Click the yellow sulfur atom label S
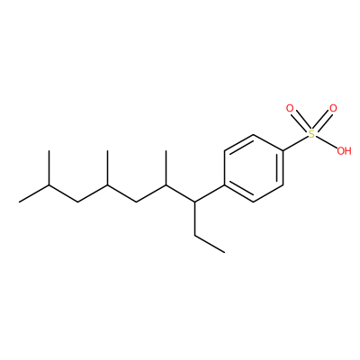pos(312,134)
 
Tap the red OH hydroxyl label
pos(344,151)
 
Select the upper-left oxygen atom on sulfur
pos(290,108)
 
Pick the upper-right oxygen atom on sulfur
pos(333,108)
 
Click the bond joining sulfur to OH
pos(327,142)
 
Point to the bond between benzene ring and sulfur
pos(296,143)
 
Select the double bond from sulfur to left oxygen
pos(301,121)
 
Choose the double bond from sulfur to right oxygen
pos(322,121)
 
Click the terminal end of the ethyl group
pos(224,252)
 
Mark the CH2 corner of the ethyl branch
pos(195,235)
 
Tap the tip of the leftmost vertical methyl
pos(49,151)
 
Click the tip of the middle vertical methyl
pos(107,151)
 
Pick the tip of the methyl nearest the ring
pos(166,151)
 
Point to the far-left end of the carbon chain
pos(20,202)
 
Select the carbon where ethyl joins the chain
pos(195,202)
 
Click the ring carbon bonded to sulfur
pos(283,151)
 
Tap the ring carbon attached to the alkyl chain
pos(224,184)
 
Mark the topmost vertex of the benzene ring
pos(254,134)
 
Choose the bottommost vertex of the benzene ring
pos(254,202)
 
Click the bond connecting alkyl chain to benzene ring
pos(210,193)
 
